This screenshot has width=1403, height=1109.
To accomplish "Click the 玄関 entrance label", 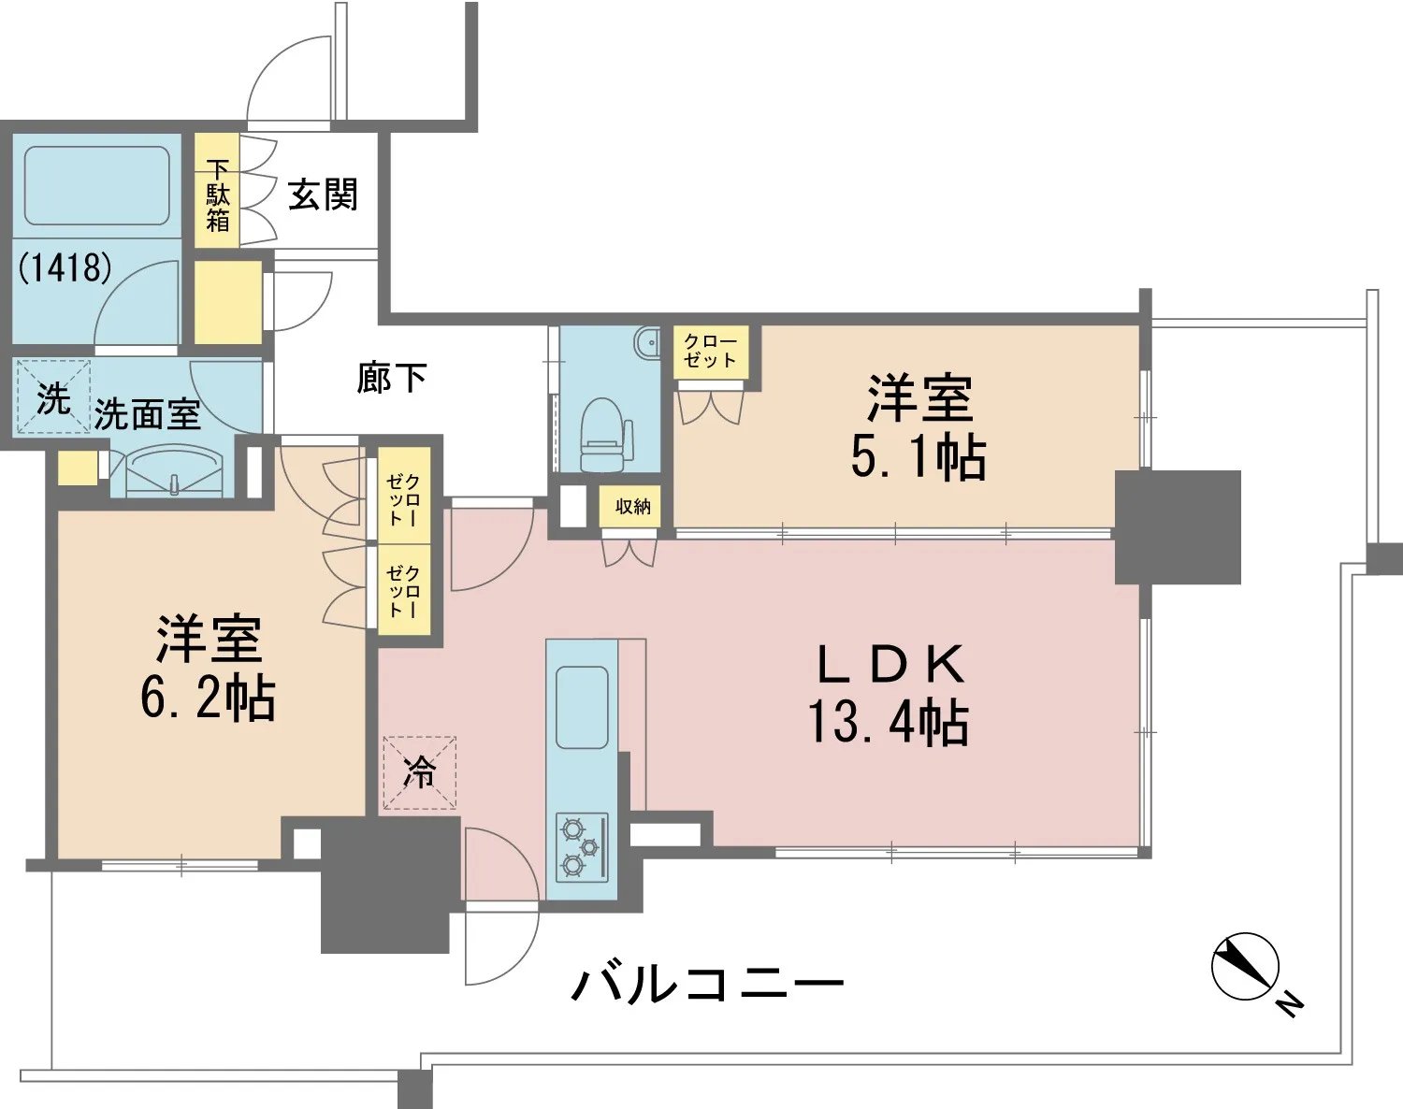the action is (x=323, y=194).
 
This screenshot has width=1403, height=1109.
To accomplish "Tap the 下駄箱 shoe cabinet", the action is (x=218, y=190).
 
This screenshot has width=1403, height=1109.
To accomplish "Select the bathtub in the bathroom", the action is (x=97, y=186).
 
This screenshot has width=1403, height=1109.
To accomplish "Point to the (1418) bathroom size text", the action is (x=65, y=268).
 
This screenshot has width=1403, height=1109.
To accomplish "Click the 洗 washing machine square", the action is (x=53, y=396).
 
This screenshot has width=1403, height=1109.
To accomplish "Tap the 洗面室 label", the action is (x=148, y=413).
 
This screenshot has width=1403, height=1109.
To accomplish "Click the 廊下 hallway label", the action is (x=392, y=378).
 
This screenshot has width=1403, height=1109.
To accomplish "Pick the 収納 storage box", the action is (x=630, y=506).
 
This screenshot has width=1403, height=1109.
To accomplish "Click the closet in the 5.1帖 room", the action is (x=711, y=353).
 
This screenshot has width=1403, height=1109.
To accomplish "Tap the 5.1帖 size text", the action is (x=918, y=458).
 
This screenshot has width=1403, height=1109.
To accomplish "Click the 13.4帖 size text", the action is (x=889, y=723).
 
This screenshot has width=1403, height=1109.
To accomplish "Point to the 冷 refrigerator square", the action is (x=419, y=772).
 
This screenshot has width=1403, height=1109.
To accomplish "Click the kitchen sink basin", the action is (x=582, y=708).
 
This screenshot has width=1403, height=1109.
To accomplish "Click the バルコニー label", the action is (x=707, y=985).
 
